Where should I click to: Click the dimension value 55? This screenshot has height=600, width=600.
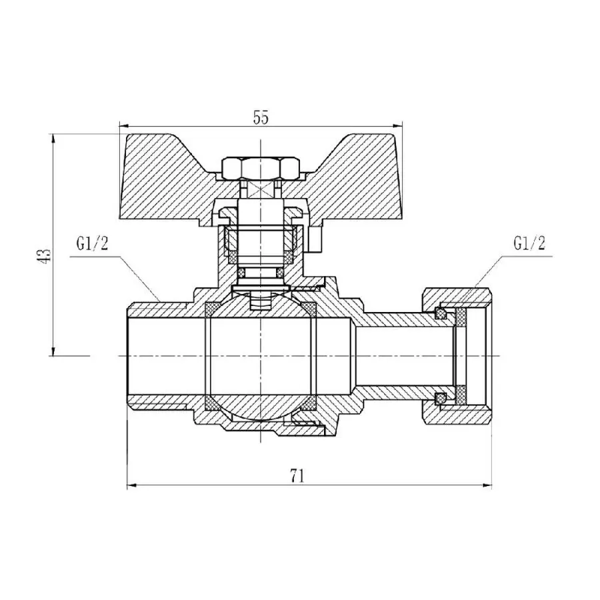click(x=261, y=117)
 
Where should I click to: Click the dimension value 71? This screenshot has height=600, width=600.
click(x=298, y=475)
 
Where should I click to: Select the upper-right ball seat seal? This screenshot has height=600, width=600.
click(x=310, y=307)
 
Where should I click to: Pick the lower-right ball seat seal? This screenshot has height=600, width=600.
click(x=310, y=401)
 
